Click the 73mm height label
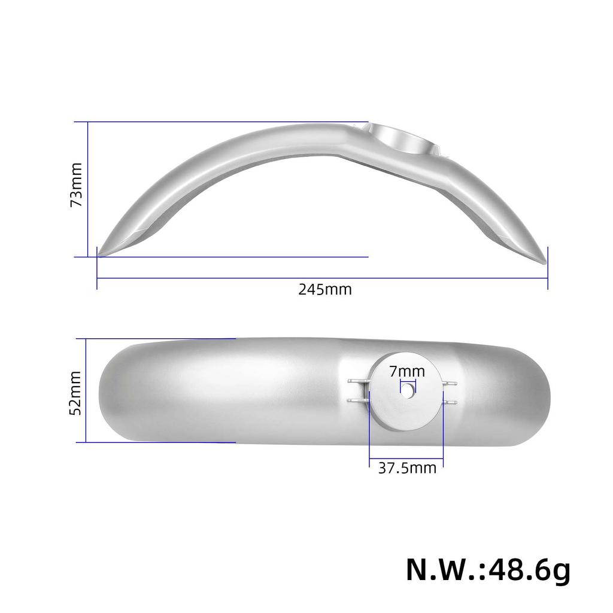tap(77, 184)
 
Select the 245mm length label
tap(324, 290)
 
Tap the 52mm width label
tap(75, 392)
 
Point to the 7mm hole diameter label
tap(407, 372)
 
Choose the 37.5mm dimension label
tap(407, 468)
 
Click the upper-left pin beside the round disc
tap(357, 381)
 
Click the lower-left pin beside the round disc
tap(357, 400)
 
